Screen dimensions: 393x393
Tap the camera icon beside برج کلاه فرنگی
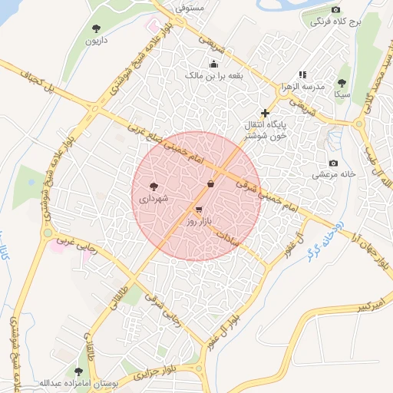(335, 8)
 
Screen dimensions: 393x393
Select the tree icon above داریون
(96, 28)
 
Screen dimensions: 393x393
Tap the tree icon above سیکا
(342, 83)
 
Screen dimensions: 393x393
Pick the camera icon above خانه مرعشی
(333, 163)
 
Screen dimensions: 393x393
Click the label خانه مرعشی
(333, 175)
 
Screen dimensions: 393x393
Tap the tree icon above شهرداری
(154, 186)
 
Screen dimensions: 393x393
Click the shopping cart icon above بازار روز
(200, 209)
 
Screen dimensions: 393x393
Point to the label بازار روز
(199, 221)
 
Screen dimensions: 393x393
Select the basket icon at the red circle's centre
(211, 183)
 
